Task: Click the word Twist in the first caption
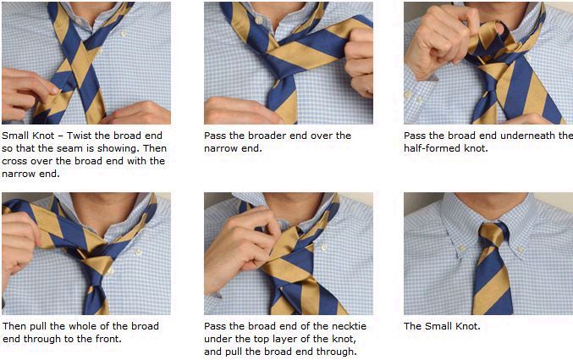pos(79,136)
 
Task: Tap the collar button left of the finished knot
pos(463,248)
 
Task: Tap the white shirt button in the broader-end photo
pos(258,20)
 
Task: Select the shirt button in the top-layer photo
pos(324,247)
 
